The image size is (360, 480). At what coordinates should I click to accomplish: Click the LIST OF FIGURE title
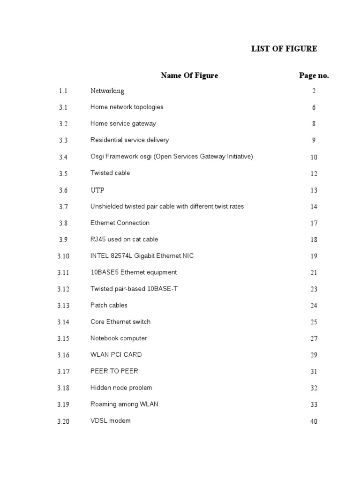click(284, 49)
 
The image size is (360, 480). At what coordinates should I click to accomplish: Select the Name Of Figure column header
click(189, 75)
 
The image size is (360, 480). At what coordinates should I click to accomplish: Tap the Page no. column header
click(314, 75)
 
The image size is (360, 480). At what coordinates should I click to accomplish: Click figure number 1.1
click(63, 91)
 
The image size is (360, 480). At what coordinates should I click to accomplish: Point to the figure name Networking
click(107, 91)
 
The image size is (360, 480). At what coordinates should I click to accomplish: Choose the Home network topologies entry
click(127, 107)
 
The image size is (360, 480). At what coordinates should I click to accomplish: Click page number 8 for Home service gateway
click(314, 124)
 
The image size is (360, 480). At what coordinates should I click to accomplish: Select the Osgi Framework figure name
click(172, 157)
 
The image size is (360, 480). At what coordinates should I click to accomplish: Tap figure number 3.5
click(63, 173)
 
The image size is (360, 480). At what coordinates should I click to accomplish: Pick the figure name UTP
click(97, 190)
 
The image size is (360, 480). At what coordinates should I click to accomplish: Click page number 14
click(314, 207)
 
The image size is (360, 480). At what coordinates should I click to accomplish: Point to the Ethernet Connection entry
click(120, 223)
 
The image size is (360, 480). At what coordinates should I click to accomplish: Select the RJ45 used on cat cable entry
click(124, 239)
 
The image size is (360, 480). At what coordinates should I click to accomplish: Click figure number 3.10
click(63, 256)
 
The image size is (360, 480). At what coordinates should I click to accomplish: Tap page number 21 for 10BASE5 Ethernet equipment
click(314, 273)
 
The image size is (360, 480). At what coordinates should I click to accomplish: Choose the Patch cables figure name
click(109, 305)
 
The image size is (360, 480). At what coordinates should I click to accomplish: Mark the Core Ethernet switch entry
click(120, 322)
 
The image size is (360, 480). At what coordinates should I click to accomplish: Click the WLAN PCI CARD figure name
click(116, 354)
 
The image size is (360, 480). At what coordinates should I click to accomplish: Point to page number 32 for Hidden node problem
click(314, 388)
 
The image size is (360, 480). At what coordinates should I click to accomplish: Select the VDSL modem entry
click(111, 420)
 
